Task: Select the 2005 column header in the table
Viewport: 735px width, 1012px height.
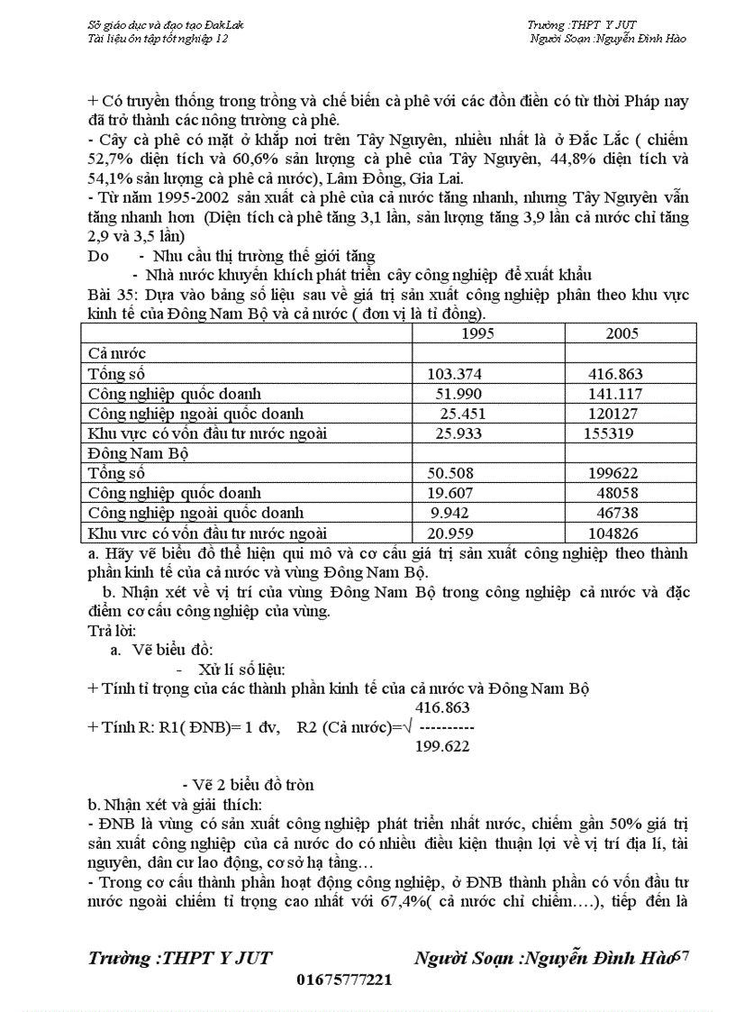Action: tap(622, 333)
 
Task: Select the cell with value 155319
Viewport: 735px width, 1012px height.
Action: tap(609, 433)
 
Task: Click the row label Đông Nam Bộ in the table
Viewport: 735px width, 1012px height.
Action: tap(137, 453)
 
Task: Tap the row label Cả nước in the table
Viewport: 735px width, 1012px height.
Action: tap(116, 353)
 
